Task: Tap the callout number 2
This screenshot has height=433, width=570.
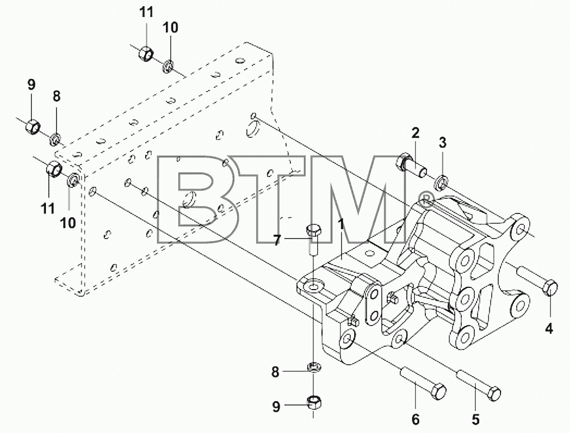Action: pyautogui.click(x=415, y=133)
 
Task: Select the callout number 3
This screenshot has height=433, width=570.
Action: pyautogui.click(x=442, y=143)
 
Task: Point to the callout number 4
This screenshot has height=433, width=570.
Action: pyautogui.click(x=549, y=329)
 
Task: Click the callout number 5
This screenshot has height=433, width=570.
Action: pyautogui.click(x=475, y=420)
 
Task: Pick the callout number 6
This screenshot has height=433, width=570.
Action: pyautogui.click(x=415, y=420)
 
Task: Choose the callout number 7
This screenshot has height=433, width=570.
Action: pyautogui.click(x=277, y=240)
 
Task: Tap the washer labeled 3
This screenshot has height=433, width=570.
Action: pyautogui.click(x=441, y=182)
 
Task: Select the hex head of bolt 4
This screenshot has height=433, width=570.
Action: pyautogui.click(x=550, y=288)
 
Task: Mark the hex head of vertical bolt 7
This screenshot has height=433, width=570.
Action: pyautogui.click(x=313, y=231)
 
